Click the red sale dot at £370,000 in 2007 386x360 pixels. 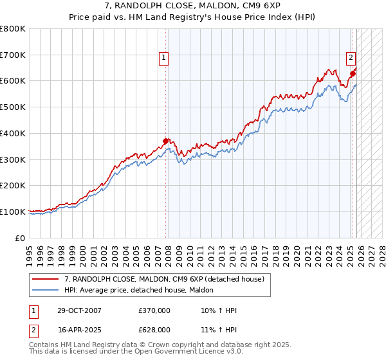[165, 141]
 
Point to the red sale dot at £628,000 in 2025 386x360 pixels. [353, 73]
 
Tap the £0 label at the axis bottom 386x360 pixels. [19, 238]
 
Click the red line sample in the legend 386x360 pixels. [46, 279]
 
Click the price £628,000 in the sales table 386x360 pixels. [154, 330]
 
